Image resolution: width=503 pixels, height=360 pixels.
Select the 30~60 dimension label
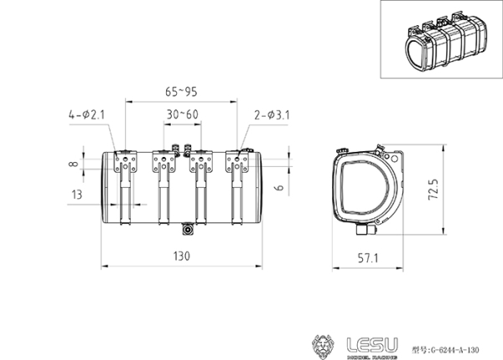182,114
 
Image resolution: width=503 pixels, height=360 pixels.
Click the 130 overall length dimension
182,255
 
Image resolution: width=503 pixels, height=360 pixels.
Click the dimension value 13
77,195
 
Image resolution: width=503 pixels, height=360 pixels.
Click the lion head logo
322,344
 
